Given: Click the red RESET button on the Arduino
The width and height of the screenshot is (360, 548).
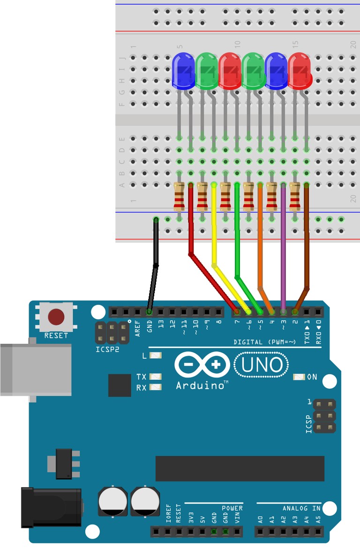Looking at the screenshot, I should point(56,317).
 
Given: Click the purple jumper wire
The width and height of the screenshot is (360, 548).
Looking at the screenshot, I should point(283,244).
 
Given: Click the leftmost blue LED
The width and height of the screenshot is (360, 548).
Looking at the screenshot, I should point(183,70).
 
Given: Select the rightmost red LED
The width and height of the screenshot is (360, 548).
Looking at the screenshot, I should point(299,70).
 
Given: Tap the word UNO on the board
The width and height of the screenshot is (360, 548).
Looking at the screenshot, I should point(262,365).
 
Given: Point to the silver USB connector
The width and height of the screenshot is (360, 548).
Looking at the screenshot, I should point(35,370).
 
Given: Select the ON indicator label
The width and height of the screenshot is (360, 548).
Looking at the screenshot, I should point(312,377).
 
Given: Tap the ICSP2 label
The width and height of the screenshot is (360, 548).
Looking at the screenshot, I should point(108,349).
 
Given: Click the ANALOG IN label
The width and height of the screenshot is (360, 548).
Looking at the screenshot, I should point(301,508).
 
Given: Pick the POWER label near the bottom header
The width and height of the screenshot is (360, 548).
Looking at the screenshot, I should point(232,508).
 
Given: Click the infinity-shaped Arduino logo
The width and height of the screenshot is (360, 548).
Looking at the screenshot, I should point(202,365).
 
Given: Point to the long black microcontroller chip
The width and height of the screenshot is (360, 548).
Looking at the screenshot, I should point(240,468).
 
